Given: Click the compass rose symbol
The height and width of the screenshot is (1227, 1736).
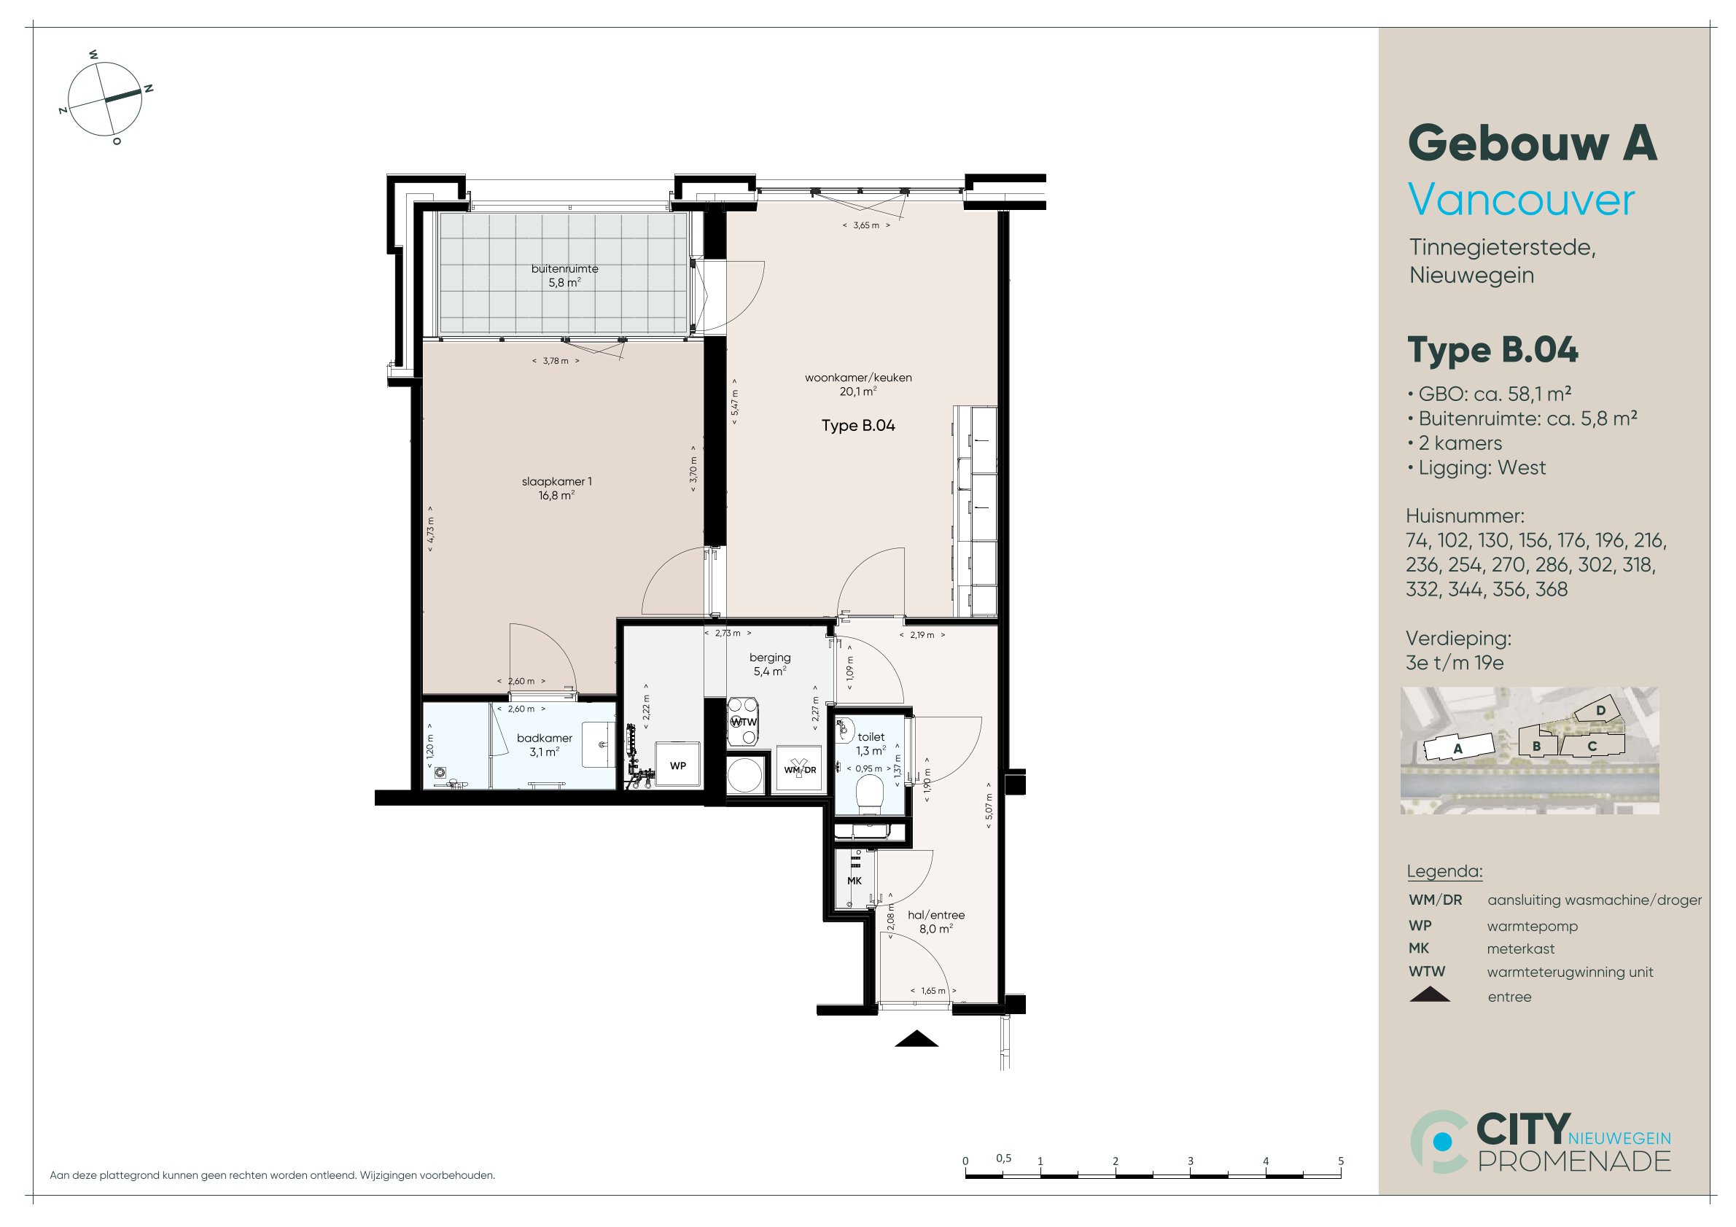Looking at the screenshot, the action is click(x=105, y=99).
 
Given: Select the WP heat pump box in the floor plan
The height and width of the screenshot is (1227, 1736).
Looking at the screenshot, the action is click(x=678, y=765).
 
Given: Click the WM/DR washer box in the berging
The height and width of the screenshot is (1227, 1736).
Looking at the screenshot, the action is click(x=799, y=769).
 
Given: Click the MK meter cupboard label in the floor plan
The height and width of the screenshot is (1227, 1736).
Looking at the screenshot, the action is click(x=855, y=881).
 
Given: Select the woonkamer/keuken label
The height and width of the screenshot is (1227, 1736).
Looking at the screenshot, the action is click(x=858, y=377).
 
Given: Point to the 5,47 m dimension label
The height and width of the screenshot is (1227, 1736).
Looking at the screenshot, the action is click(x=735, y=403).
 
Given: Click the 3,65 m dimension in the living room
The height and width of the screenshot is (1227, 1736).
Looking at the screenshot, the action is click(x=866, y=225).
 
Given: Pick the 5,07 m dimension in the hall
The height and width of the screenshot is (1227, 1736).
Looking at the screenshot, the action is click(x=988, y=811).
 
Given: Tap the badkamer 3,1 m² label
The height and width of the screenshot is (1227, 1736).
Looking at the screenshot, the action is click(x=545, y=744).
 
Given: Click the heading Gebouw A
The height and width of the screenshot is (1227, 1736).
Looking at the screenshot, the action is click(x=1533, y=144).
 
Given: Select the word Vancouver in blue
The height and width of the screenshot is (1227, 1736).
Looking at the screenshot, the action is click(x=1521, y=200).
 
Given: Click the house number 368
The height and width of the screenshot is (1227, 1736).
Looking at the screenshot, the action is click(x=1552, y=589).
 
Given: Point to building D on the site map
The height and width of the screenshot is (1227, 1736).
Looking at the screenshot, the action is click(x=1600, y=711).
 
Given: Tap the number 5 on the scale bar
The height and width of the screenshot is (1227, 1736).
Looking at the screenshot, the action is click(x=1341, y=1161).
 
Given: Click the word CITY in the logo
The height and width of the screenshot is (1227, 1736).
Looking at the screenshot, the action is click(x=1523, y=1129).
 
